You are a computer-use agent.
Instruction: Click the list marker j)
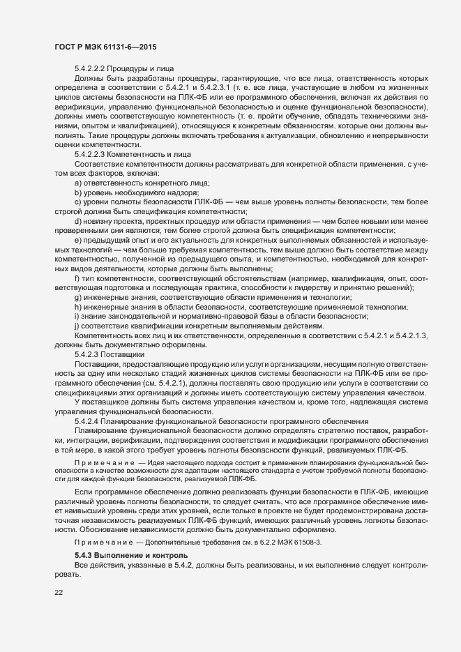[77, 326]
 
